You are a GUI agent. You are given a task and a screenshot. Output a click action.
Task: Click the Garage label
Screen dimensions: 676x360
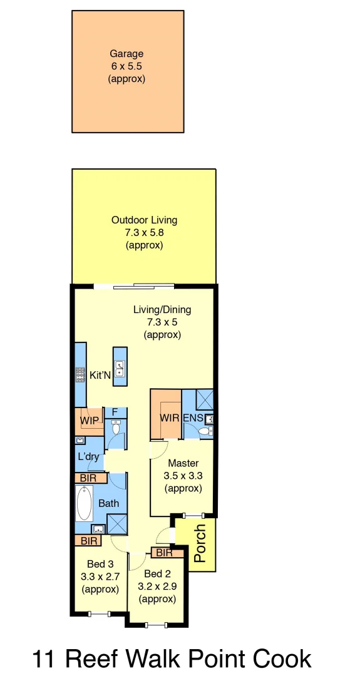coord(127,54)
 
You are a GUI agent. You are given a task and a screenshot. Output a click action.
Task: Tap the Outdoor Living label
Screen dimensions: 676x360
coord(144,220)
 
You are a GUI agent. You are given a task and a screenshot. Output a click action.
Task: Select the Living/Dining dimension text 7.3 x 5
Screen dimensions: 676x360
coord(162,322)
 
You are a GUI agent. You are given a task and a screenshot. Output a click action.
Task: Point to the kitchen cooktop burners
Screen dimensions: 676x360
coord(80,375)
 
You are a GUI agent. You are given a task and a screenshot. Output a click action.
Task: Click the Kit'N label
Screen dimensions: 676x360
coord(100,376)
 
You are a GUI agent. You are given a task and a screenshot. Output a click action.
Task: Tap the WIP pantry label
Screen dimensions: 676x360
coord(89,421)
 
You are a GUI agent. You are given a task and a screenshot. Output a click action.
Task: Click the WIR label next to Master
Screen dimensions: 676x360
coord(170,417)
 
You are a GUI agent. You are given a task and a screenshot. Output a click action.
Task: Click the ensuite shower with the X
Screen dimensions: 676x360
coord(203,399)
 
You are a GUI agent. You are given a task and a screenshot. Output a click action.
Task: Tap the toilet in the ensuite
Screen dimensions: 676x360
coord(201,431)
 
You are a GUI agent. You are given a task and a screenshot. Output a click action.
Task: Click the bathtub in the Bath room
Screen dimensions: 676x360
coord(85,503)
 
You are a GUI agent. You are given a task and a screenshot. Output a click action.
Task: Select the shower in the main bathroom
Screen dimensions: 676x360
coord(116,523)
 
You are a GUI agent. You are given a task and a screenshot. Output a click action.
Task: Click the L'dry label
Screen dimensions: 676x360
coord(88,457)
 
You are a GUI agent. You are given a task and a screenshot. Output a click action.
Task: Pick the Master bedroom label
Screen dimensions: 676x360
coord(183,464)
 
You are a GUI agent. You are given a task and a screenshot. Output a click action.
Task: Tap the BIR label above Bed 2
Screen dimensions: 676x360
coord(164,553)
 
